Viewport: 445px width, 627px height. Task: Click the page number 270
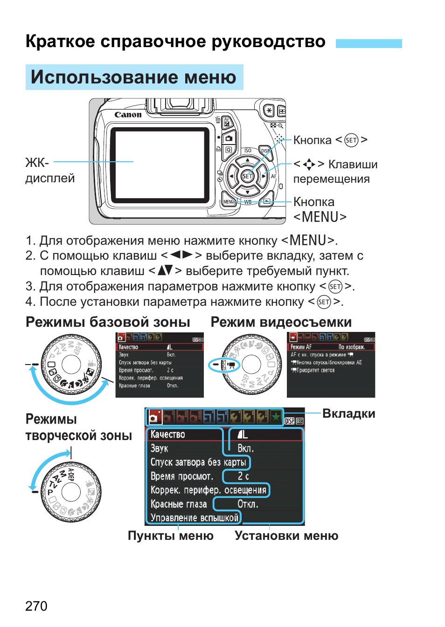pyautogui.click(x=36, y=606)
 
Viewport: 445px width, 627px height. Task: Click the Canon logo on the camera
pyautogui.click(x=128, y=115)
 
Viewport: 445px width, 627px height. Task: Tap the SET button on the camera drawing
pyautogui.click(x=247, y=176)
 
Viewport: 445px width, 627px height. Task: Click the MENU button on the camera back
pyautogui.click(x=229, y=202)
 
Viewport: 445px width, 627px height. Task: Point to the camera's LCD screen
pyautogui.click(x=160, y=161)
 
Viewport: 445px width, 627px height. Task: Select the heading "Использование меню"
pyautogui.click(x=134, y=77)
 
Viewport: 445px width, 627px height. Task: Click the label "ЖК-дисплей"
pyautogui.click(x=49, y=170)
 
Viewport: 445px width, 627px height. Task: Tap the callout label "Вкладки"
pyautogui.click(x=348, y=413)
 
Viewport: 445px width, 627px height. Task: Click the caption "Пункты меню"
pyautogui.click(x=170, y=536)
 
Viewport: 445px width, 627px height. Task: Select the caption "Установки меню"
pyautogui.click(x=286, y=536)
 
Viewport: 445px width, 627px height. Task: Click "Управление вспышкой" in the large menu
pyautogui.click(x=194, y=517)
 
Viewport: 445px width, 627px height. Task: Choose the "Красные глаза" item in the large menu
pyautogui.click(x=178, y=504)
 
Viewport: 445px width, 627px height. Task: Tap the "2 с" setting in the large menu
pyautogui.click(x=243, y=476)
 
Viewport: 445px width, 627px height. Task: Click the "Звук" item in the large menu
pyautogui.click(x=159, y=448)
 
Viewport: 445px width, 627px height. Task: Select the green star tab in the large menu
pyautogui.click(x=276, y=416)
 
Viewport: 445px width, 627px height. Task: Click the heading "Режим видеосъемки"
pyautogui.click(x=281, y=322)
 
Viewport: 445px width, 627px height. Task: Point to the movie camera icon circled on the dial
pyautogui.click(x=231, y=365)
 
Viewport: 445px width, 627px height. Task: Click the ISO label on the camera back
pyautogui.click(x=248, y=151)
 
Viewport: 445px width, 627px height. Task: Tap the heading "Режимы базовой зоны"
pyautogui.click(x=108, y=322)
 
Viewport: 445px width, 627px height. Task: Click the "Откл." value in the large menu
pyautogui.click(x=247, y=504)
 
